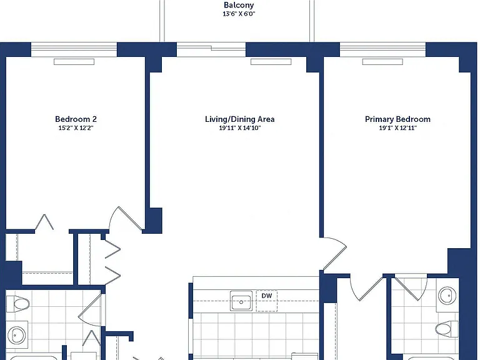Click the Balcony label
coord(239,5)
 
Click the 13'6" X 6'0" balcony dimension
coord(239,14)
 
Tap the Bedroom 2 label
coord(76,119)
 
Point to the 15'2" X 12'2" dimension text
coord(76,128)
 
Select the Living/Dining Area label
coord(240,119)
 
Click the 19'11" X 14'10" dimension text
coord(240,128)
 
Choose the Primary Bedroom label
coord(397,119)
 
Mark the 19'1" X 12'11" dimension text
coord(397,128)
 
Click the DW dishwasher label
coord(267,296)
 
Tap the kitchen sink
coord(241,301)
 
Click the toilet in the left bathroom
coord(18,304)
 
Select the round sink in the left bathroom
coord(16,335)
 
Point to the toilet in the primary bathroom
coord(447,329)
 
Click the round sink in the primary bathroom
coord(447,296)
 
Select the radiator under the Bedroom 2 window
coord(74,62)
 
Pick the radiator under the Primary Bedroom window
coord(382,62)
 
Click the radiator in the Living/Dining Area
coord(271,62)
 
